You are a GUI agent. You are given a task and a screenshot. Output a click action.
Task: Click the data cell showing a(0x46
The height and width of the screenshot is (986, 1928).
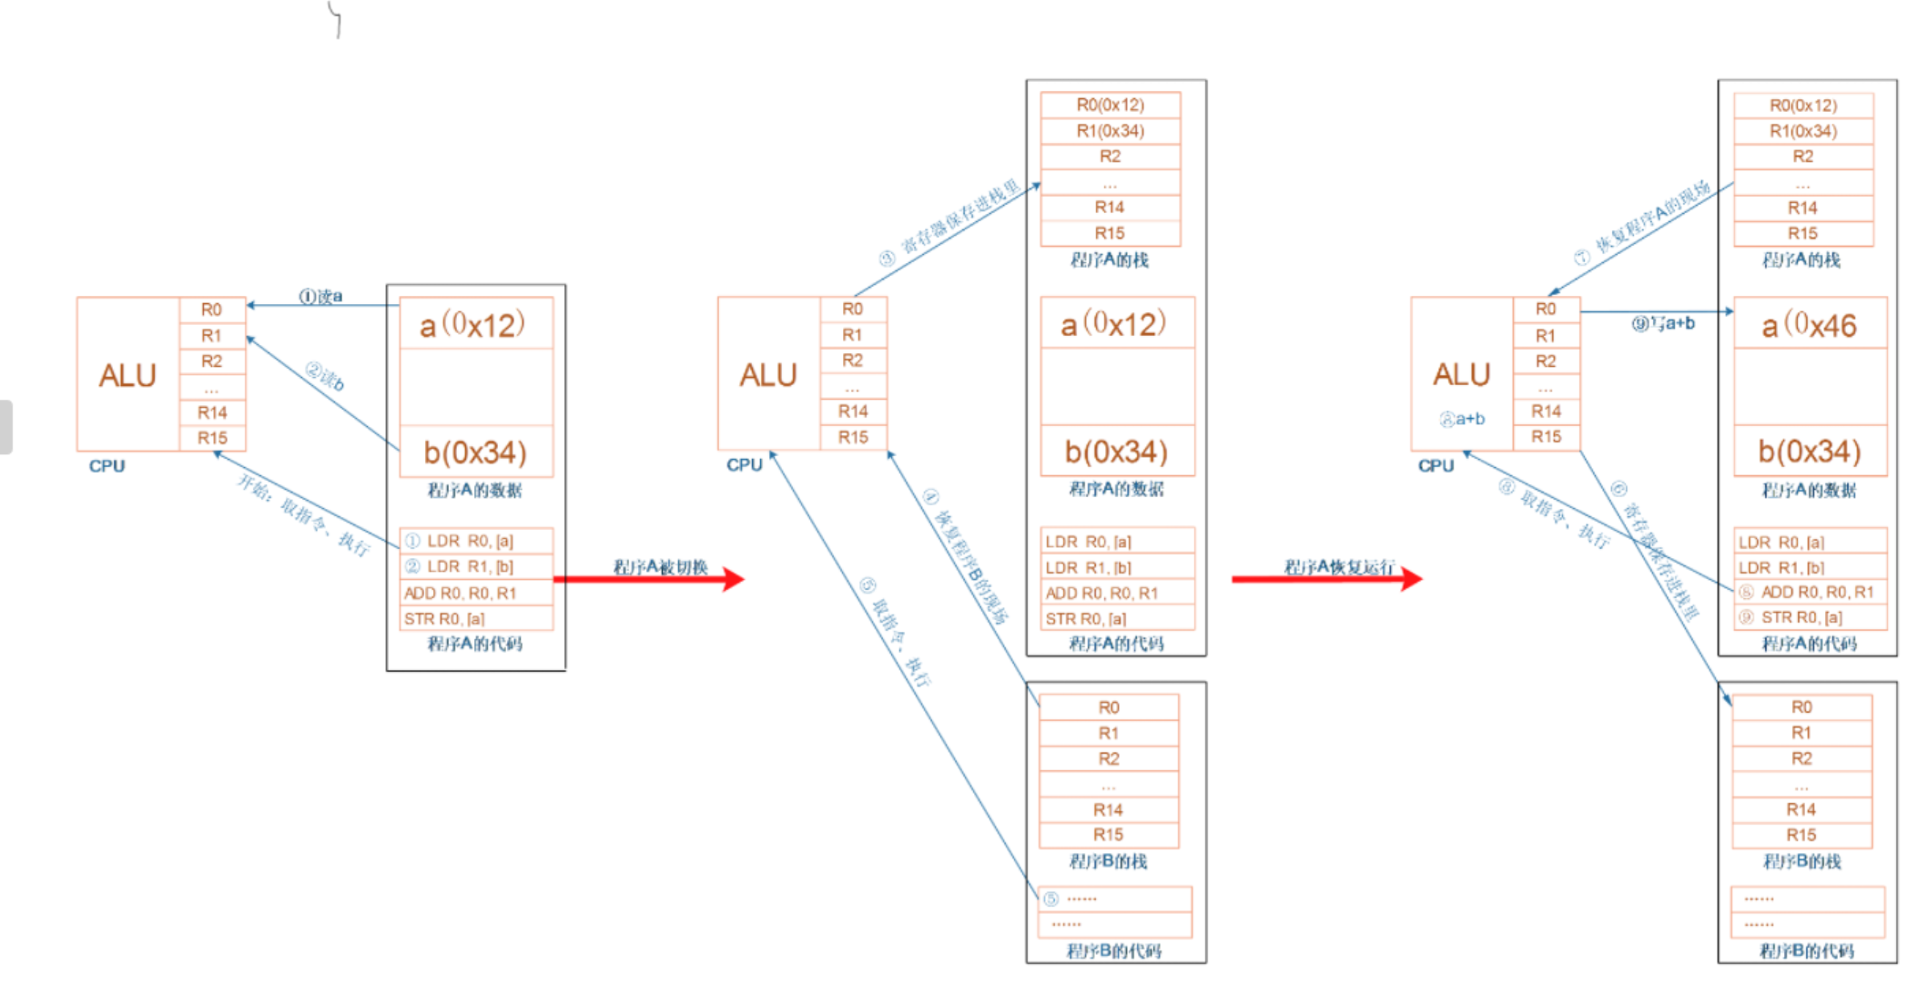(1809, 324)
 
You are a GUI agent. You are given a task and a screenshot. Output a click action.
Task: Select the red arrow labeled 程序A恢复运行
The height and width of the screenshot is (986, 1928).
(1325, 578)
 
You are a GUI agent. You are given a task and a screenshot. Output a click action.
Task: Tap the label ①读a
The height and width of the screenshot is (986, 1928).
(320, 296)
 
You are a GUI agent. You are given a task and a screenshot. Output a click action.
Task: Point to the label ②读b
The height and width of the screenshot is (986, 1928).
(325, 376)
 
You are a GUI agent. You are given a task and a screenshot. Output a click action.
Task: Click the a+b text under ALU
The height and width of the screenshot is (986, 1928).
(1462, 419)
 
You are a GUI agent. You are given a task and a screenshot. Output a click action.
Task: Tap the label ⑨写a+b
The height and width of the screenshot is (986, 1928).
(1662, 323)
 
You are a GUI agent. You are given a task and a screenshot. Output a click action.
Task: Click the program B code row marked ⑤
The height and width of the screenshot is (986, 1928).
(1114, 899)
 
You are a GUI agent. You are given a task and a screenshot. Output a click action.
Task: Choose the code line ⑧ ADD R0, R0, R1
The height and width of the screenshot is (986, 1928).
(1810, 592)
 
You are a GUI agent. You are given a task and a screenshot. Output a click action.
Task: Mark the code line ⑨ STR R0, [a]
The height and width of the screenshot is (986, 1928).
(1810, 617)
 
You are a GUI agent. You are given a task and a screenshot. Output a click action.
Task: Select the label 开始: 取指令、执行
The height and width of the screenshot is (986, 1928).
(303, 514)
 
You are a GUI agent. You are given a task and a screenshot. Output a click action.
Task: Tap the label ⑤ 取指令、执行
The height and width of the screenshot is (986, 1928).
(896, 631)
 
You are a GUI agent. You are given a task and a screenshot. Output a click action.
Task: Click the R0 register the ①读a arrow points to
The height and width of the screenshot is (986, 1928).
(211, 310)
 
